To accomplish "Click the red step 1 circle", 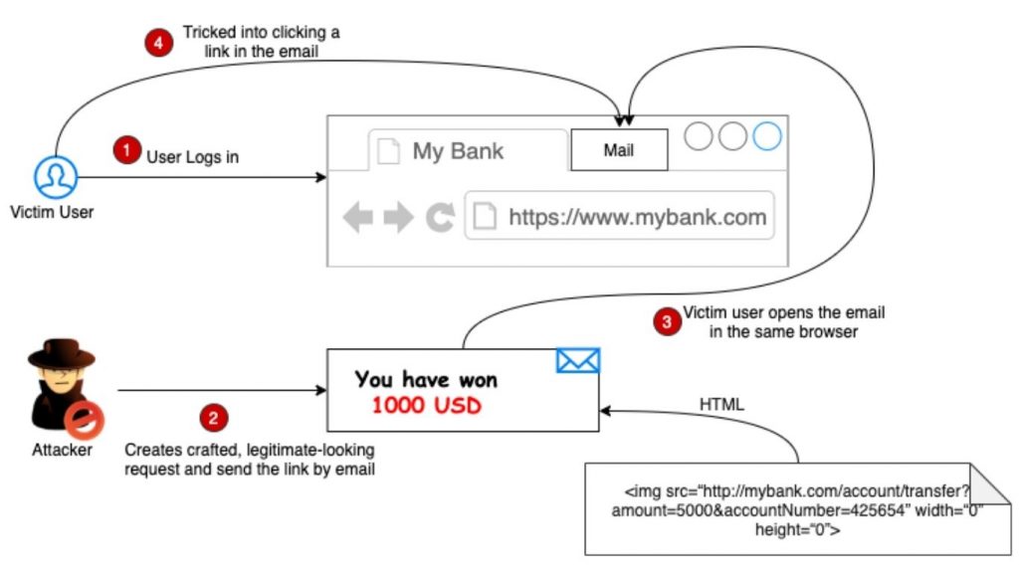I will (125, 150).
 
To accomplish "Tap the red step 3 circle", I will (666, 321).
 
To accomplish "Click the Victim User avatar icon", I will (55, 178).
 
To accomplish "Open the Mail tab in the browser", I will (618, 151).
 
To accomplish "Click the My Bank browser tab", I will (457, 151).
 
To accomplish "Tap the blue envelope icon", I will (578, 359).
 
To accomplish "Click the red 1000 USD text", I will (426, 405).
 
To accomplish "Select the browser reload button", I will (439, 218).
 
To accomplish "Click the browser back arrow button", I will (357, 218).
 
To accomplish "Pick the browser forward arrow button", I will (398, 218).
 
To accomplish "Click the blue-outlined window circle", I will (767, 135).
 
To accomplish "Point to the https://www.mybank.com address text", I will (637, 218).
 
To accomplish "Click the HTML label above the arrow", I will (721, 404).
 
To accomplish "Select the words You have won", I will (426, 379).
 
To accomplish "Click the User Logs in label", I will (193, 156).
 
